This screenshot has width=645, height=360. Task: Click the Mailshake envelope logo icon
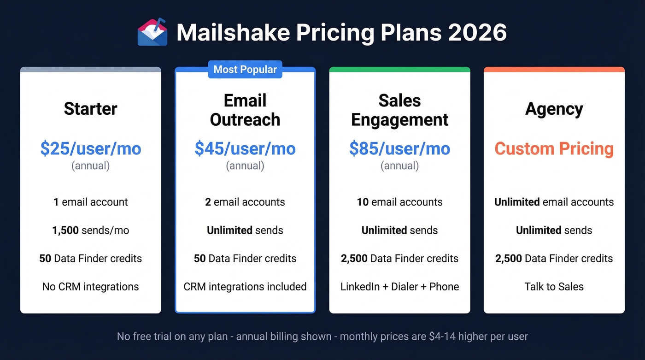152,32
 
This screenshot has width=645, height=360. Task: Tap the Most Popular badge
245,70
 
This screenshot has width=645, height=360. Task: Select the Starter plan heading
91,109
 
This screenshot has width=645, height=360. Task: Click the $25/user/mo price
91,148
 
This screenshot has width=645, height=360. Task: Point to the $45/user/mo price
245,148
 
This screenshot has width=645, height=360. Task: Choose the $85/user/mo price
399,148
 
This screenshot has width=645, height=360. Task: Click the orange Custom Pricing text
554,148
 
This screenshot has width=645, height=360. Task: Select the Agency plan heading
554,109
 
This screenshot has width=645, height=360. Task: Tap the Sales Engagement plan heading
399,110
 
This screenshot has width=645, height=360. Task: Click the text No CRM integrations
91,287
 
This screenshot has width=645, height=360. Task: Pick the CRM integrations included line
245,287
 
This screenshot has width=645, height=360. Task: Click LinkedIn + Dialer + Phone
399,287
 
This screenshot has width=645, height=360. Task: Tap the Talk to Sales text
554,287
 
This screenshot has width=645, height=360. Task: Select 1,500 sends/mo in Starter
91,230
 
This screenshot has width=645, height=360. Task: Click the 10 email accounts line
399,202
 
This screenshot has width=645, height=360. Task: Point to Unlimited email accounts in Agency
554,202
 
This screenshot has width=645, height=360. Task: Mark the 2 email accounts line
245,202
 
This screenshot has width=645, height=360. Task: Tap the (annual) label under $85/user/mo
399,166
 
